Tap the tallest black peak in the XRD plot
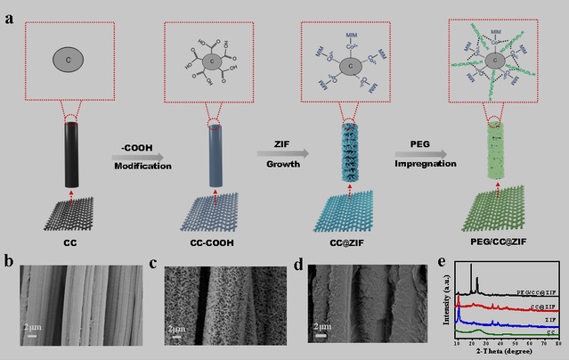click(x=470, y=267)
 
